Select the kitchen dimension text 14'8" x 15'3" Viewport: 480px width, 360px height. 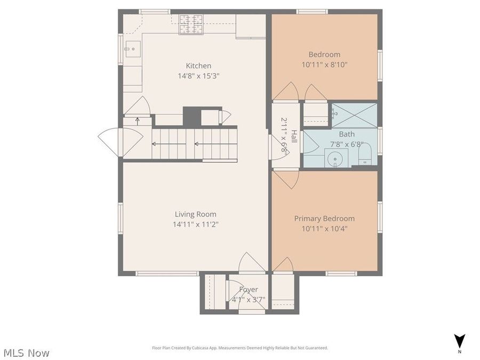point(198,76)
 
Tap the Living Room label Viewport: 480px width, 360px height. point(195,214)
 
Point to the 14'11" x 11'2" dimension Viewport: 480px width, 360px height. point(195,225)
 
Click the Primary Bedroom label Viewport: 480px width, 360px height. point(324,219)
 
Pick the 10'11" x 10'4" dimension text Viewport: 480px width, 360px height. point(324,229)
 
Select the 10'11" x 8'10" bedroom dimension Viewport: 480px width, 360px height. point(324,65)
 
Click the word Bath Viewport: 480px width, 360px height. point(347,134)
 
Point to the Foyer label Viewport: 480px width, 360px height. point(248,290)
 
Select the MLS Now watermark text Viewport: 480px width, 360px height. point(27,353)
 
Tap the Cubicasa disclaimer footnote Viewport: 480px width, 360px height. point(240,348)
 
